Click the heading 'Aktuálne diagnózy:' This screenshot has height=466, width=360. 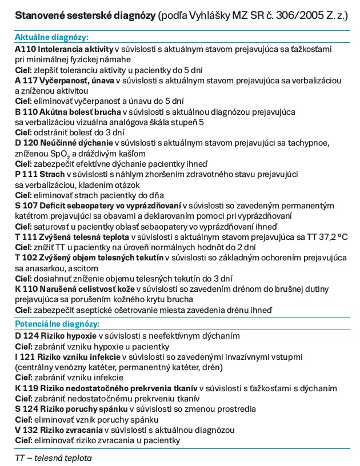[51, 37]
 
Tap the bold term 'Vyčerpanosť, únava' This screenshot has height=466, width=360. [78, 81]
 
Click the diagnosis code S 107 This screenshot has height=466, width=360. [27, 206]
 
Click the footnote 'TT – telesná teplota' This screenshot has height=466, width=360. [53, 457]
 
